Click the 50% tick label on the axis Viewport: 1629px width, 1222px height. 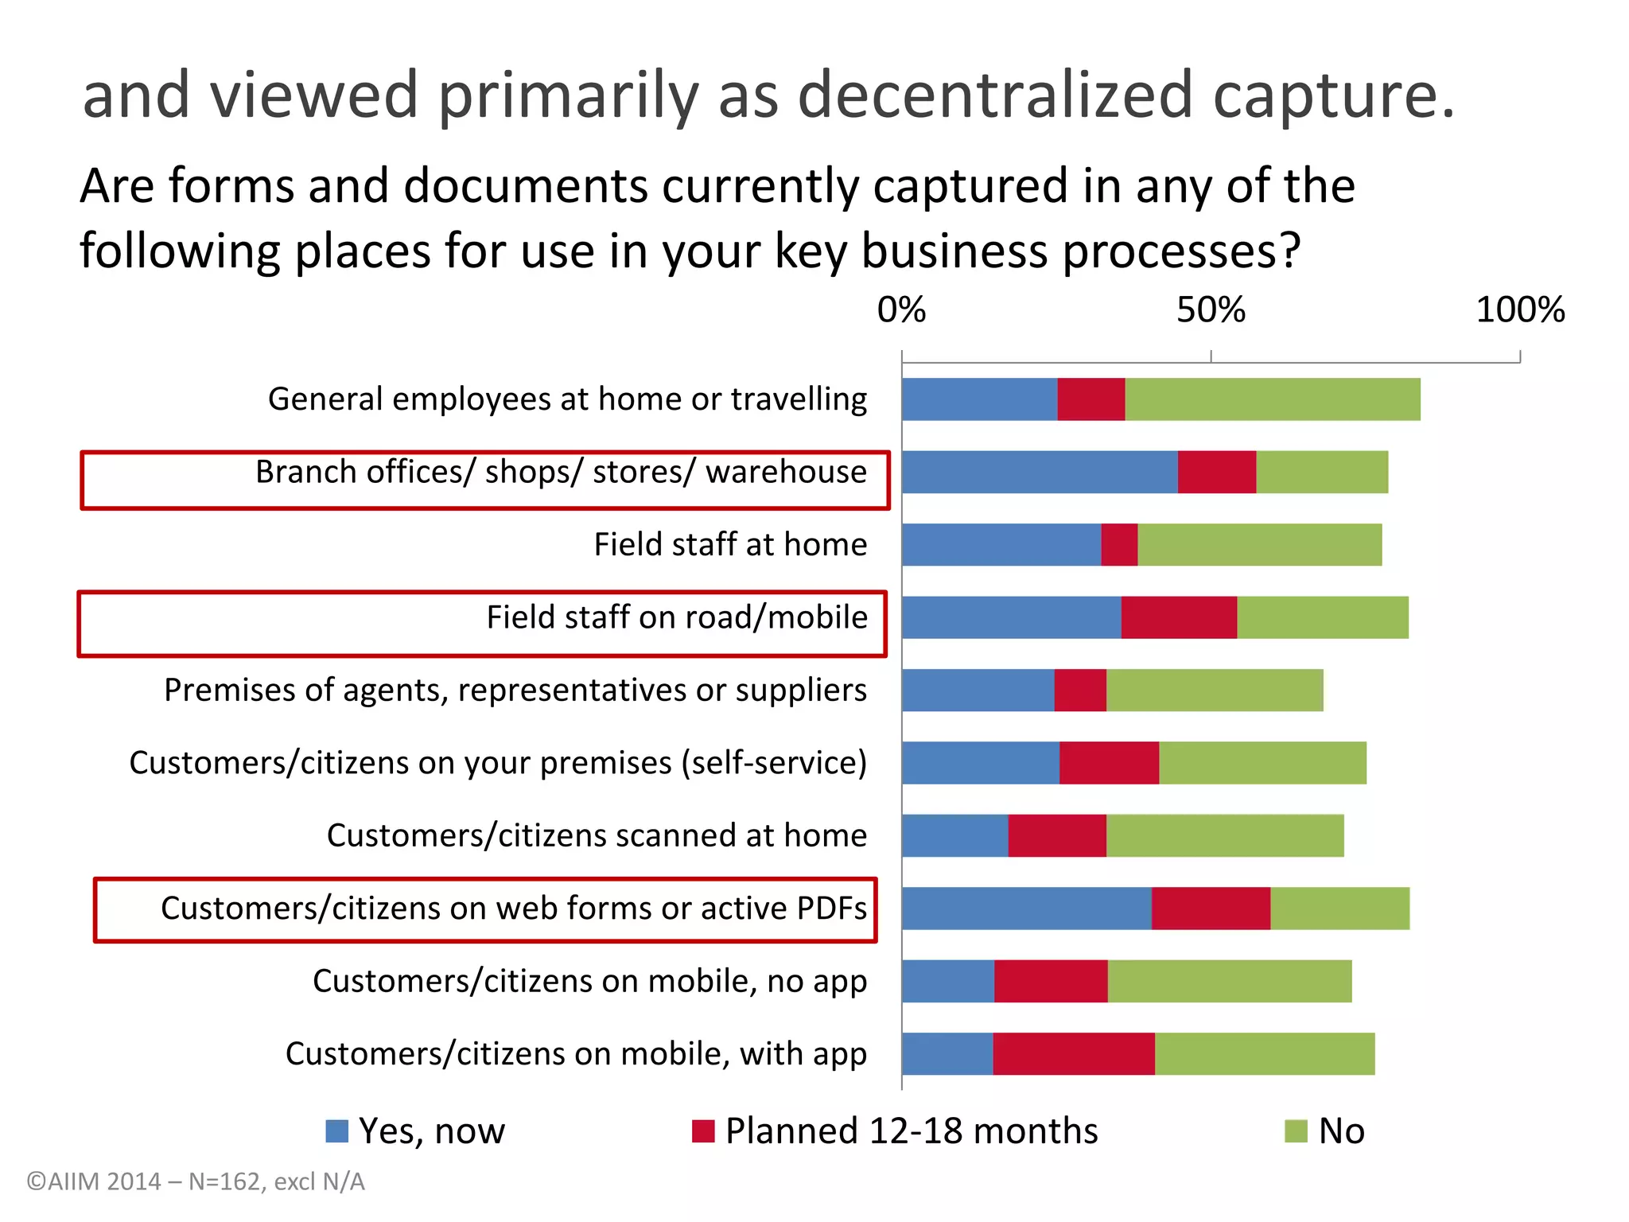[1211, 310]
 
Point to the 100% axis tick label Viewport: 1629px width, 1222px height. [1520, 310]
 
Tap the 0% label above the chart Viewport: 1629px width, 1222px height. [901, 310]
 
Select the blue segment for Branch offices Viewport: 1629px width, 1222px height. [1040, 472]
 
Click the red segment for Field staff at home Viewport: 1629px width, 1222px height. [1119, 545]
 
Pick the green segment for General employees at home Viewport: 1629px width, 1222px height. [1273, 399]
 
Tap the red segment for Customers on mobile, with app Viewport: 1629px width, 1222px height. [1074, 1054]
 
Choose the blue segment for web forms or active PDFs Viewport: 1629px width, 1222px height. [1026, 909]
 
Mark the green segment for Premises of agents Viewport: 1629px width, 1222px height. [1215, 691]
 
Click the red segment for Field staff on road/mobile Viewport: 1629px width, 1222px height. [1179, 617]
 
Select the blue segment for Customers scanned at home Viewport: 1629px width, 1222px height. [954, 836]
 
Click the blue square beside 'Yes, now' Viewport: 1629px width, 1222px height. [337, 1131]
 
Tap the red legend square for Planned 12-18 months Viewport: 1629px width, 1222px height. [703, 1131]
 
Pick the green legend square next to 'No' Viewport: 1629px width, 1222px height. [1296, 1131]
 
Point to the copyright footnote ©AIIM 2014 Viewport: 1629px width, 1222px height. [196, 1182]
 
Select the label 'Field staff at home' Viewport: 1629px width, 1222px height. [730, 545]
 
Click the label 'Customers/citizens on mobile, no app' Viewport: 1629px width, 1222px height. [589, 982]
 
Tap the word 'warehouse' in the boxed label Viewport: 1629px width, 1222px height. [786, 473]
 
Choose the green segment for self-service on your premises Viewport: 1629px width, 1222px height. [1262, 763]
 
